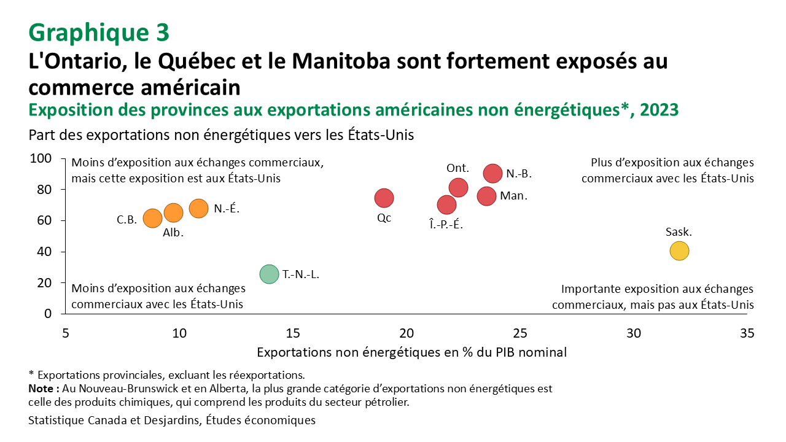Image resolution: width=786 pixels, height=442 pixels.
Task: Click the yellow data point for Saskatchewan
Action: coord(679,251)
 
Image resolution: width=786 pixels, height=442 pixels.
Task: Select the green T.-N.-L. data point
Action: coord(268,274)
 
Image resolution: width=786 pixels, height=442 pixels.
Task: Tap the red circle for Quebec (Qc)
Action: coord(384,198)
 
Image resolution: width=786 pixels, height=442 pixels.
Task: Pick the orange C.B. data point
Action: coord(152,218)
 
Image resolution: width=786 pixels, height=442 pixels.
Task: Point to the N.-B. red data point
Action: coord(493,173)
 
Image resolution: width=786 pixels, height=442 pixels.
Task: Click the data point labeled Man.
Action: coord(486,196)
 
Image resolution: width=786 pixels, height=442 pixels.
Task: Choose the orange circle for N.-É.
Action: coord(198,209)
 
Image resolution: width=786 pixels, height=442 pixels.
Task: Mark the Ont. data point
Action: coord(459,188)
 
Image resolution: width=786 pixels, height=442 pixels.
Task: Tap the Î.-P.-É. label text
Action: coord(446,225)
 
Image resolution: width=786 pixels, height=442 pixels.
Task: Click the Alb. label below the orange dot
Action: coord(173,233)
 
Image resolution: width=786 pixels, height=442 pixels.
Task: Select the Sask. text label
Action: coord(679,232)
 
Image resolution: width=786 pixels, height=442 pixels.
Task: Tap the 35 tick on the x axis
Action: coord(747,333)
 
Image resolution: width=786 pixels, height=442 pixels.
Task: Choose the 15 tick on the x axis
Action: coord(293,333)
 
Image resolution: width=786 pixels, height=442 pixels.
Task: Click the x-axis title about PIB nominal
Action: coord(411,352)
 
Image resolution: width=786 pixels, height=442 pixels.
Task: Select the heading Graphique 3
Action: coord(98,32)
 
